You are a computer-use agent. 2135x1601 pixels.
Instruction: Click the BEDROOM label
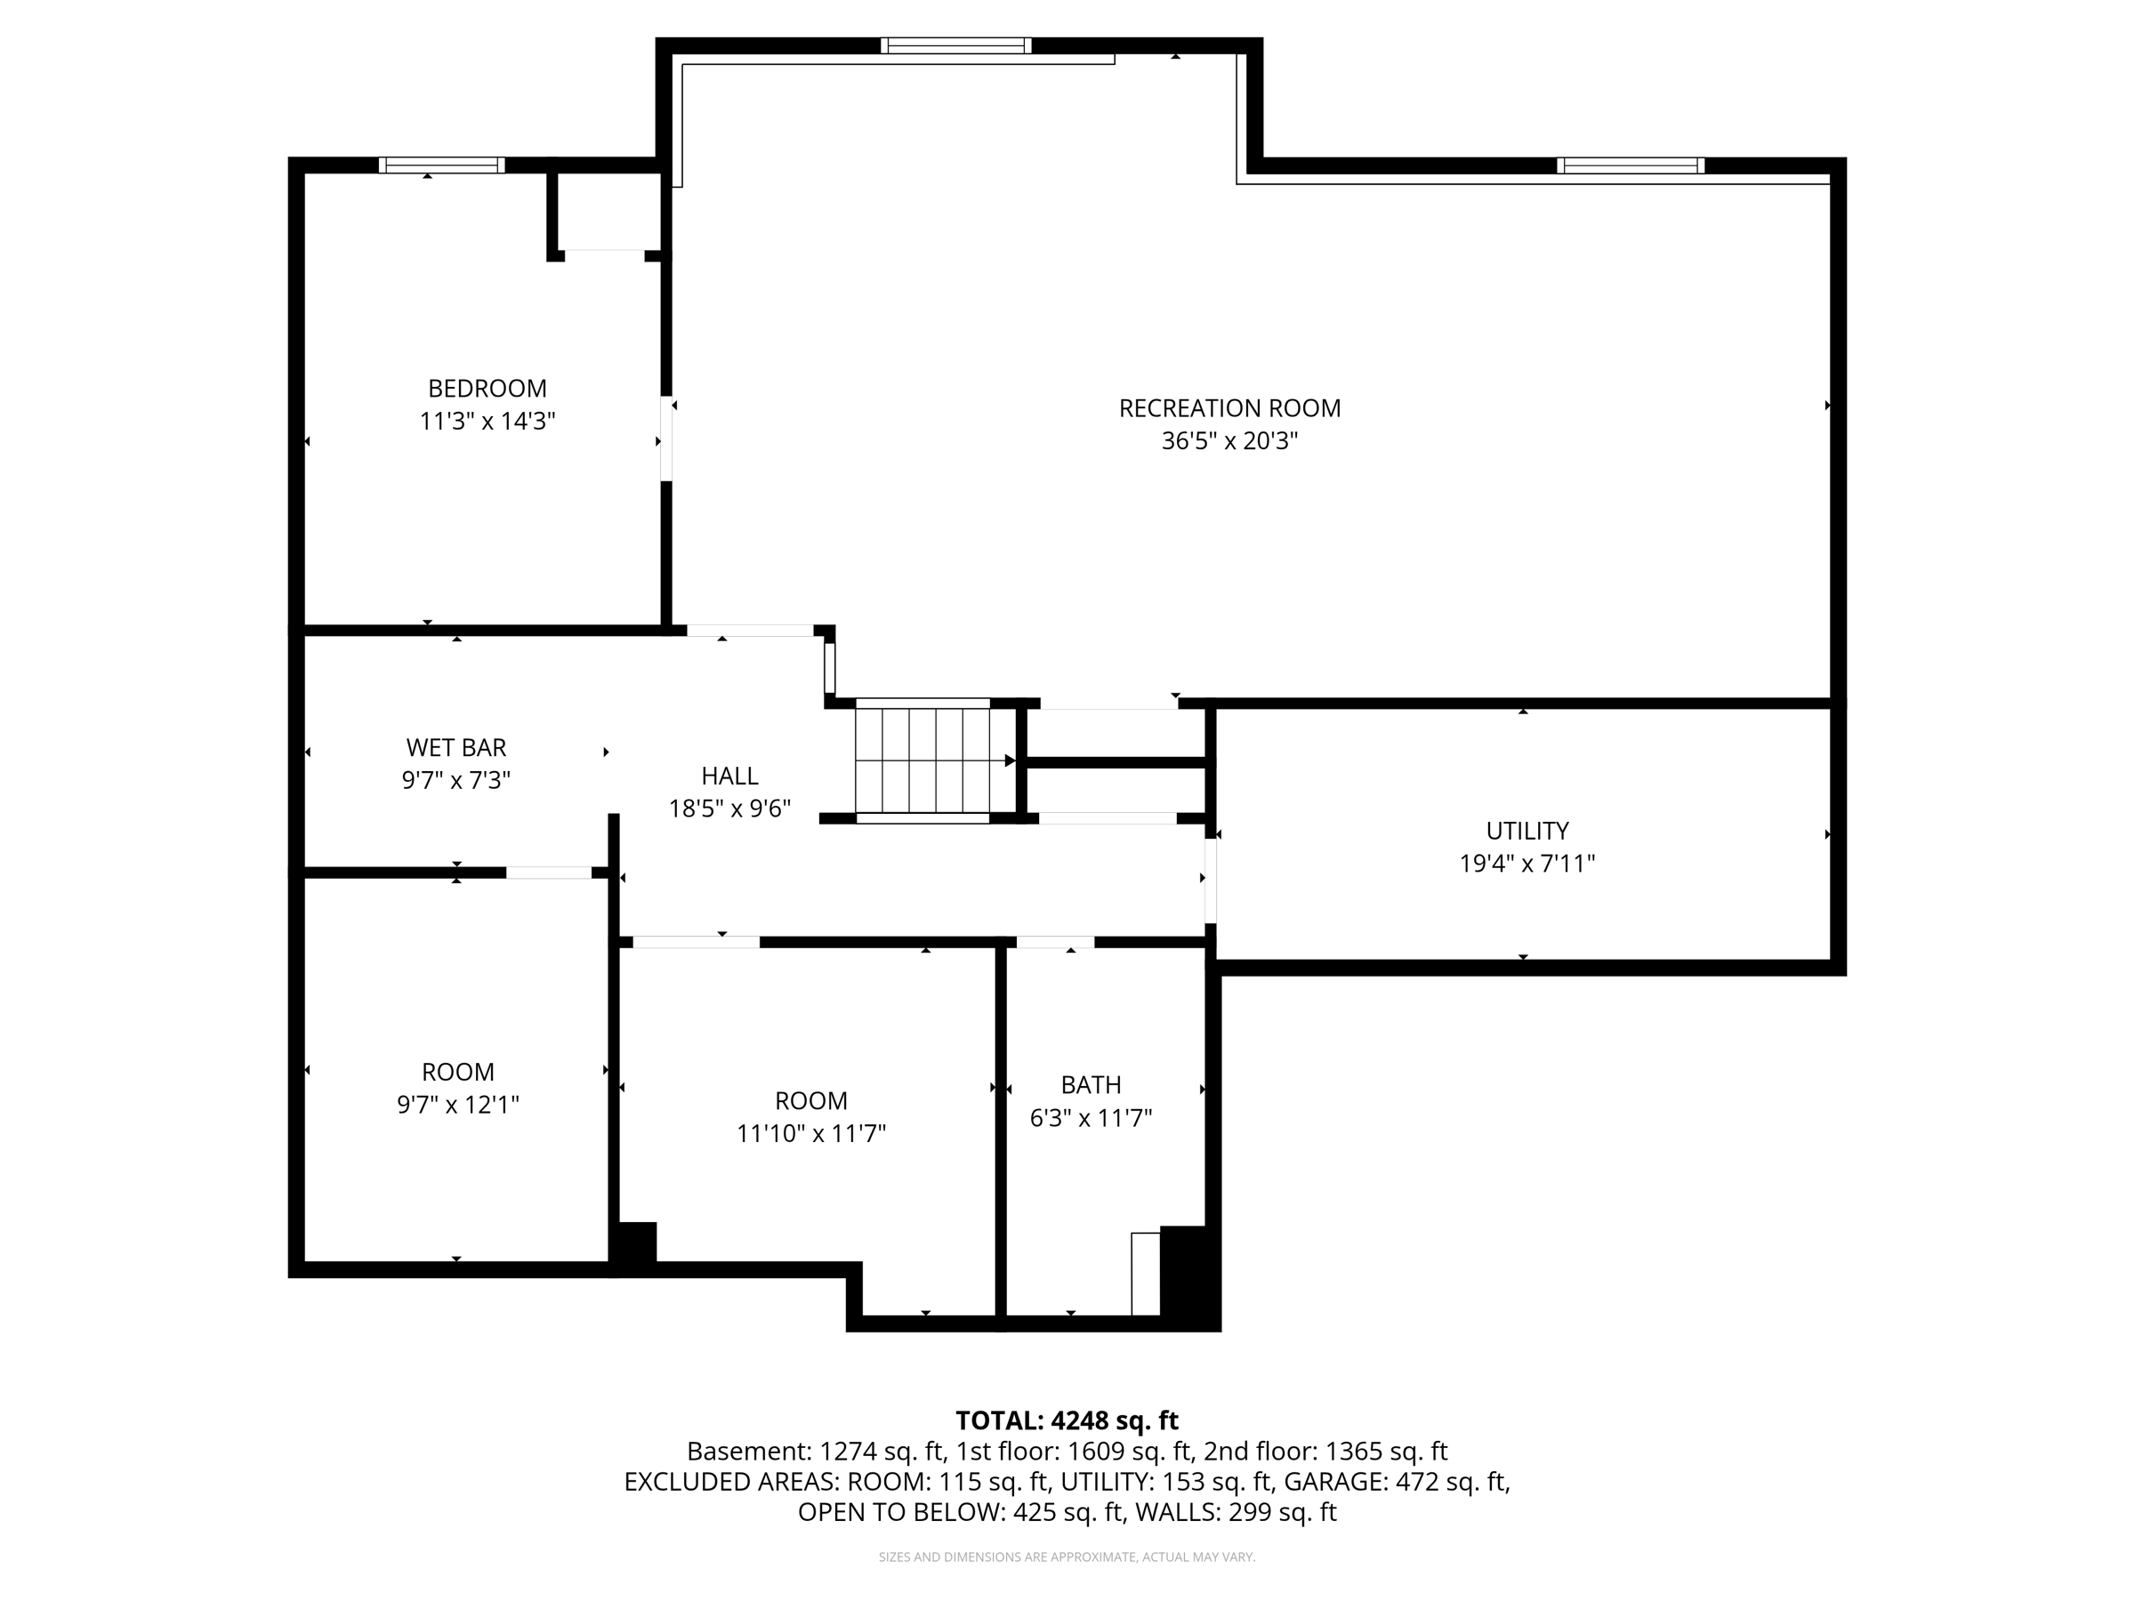[487, 388]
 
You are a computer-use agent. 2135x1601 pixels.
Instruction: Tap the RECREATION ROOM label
[1229, 408]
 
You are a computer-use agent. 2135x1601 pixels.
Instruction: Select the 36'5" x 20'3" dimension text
[1229, 441]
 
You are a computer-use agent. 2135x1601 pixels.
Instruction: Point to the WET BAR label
[455, 747]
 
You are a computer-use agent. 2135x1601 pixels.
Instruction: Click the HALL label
[729, 776]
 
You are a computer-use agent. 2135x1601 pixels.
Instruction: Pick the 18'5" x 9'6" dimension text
[729, 809]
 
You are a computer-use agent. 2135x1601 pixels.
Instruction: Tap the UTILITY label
[1527, 831]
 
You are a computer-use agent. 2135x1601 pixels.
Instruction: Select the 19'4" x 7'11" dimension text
[1527, 864]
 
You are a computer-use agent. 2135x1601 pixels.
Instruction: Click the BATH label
[1091, 1085]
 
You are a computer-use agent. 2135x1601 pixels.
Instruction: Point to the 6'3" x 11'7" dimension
[1091, 1117]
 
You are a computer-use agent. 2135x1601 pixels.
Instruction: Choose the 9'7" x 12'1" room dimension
[457, 1104]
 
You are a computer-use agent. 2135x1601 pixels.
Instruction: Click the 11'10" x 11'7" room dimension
[810, 1133]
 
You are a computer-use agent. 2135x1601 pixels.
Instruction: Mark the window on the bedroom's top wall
[442, 165]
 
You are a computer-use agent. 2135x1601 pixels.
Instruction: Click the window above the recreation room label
[955, 45]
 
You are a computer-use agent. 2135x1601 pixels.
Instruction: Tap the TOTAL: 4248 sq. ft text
[1067, 1420]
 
